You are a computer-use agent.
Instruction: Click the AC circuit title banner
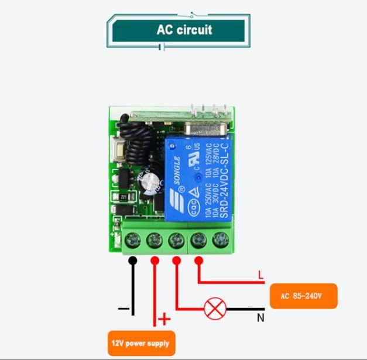point(183,30)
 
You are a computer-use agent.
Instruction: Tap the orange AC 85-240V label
point(303,296)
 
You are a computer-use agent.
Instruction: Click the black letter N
point(260,318)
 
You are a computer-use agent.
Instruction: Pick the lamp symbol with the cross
point(213,308)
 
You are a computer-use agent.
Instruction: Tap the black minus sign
point(122,308)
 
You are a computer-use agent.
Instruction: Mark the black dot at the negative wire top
point(133,260)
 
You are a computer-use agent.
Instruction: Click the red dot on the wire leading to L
point(199,260)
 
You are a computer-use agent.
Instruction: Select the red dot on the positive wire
point(155,260)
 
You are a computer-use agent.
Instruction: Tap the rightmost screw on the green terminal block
point(220,239)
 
